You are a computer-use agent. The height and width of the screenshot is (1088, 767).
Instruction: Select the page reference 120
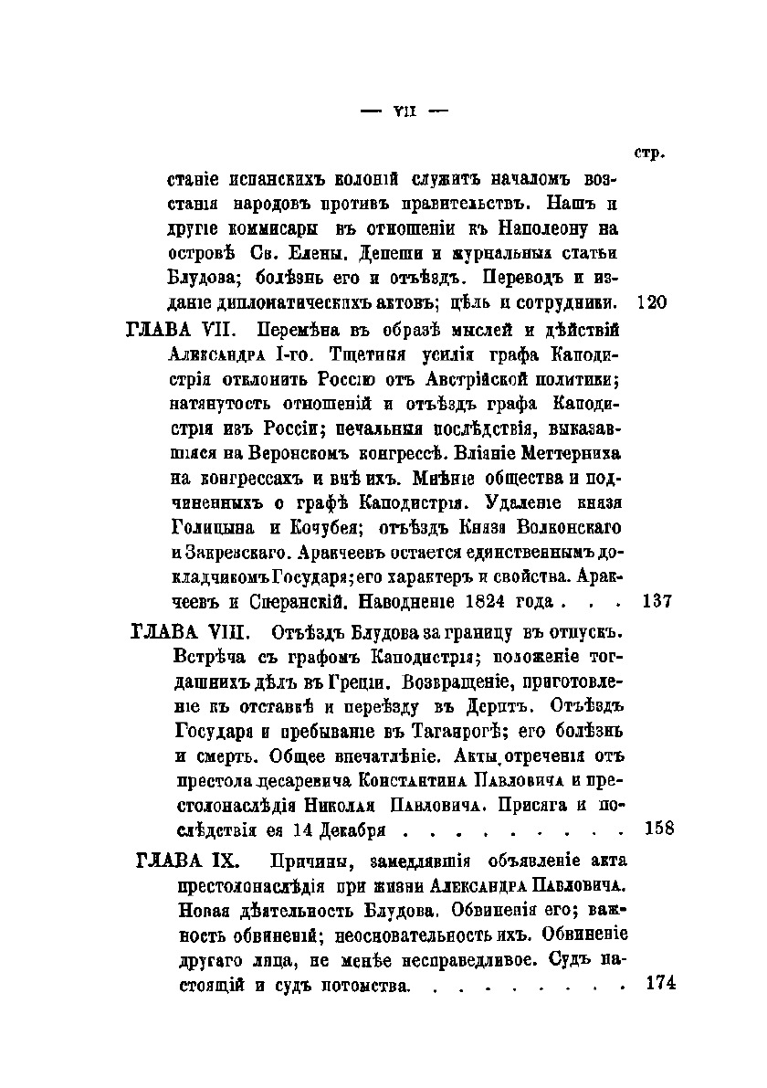tap(653, 301)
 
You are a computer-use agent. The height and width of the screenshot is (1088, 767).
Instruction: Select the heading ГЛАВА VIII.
tap(186, 631)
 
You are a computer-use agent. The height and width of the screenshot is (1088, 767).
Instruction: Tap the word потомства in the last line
tap(358, 986)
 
